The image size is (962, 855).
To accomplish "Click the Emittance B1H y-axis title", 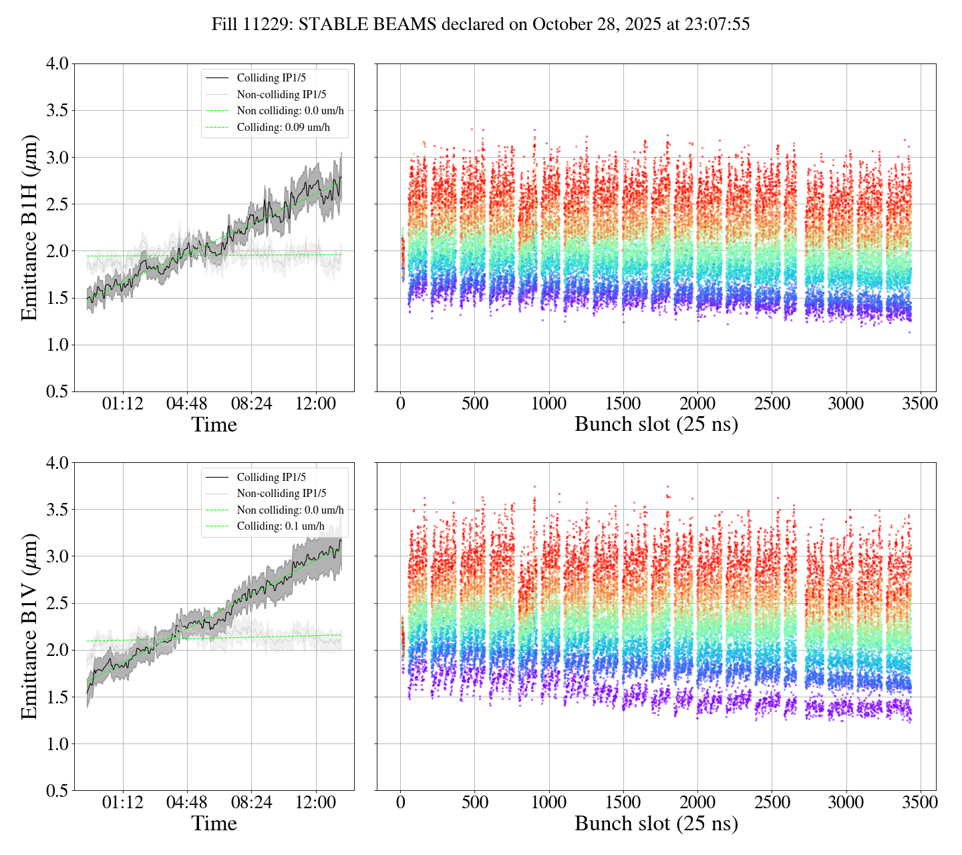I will tap(29, 228).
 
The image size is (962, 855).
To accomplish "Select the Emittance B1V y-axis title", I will tap(29, 627).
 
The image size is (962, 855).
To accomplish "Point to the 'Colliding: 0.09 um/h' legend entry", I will tap(283, 127).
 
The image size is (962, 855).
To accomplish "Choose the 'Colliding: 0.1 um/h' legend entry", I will tap(281, 526).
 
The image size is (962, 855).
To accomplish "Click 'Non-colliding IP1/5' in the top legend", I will tap(281, 94).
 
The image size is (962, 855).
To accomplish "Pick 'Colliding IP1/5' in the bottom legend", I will tap(271, 477).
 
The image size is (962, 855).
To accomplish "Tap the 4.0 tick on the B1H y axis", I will tap(57, 64).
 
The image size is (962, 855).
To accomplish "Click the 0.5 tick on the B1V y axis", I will tap(57, 791).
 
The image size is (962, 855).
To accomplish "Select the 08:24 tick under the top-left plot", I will tap(251, 404).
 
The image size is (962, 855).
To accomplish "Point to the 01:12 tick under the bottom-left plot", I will tap(123, 802).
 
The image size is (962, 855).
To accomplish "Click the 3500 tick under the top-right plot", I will tap(920, 404).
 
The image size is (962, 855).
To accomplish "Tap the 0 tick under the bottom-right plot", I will tap(400, 802).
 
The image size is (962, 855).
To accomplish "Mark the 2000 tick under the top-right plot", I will tap(697, 404).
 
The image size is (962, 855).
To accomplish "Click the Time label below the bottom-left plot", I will tap(214, 824).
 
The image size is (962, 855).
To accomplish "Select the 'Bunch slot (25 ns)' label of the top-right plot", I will tap(656, 425).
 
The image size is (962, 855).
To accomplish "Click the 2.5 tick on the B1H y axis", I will tap(57, 204).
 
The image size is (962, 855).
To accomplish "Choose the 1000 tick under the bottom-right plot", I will tap(548, 802).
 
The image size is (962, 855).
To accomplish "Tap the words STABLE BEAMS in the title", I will tap(367, 25).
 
